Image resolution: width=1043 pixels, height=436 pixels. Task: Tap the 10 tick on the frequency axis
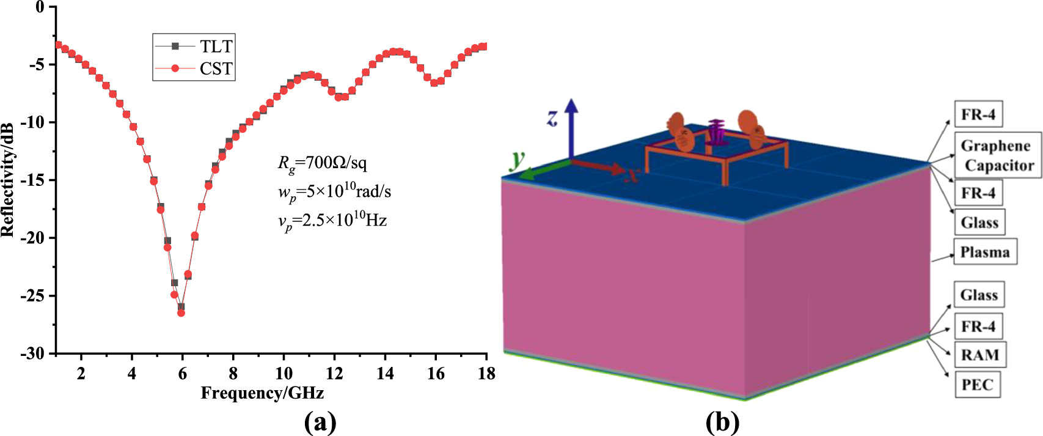coord(284,374)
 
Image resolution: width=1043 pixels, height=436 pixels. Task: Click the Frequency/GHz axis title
coord(262,393)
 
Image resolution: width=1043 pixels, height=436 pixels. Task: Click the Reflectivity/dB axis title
coord(7,180)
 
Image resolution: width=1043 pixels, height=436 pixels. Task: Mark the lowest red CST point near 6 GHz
coord(181,313)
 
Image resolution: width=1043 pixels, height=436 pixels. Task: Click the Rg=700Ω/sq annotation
coord(323,163)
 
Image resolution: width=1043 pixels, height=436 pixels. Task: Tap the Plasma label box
coord(985,253)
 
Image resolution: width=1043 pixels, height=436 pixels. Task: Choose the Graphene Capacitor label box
coord(997,155)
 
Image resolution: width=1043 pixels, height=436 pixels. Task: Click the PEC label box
coord(978,385)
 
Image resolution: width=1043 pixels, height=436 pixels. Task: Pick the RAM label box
coord(980,355)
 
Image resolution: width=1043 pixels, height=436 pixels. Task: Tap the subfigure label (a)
coord(320,422)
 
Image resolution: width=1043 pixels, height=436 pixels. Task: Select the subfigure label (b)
coord(722,422)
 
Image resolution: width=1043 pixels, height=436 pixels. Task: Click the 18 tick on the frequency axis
coord(486,374)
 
